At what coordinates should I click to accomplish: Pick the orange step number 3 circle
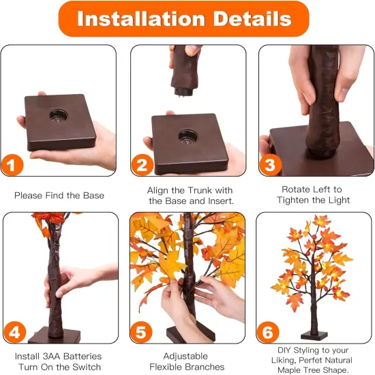pyautogui.click(x=269, y=165)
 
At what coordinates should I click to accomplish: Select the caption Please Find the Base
pyautogui.click(x=59, y=196)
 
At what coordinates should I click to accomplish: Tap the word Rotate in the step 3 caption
pyautogui.click(x=295, y=189)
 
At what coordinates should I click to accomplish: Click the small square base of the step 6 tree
pyautogui.click(x=314, y=335)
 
